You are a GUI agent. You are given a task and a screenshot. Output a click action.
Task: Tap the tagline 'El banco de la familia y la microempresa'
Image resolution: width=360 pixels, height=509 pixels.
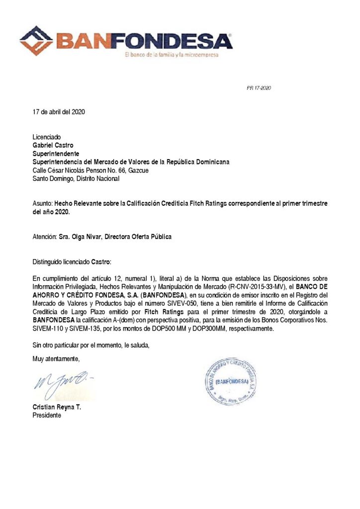pos(172,55)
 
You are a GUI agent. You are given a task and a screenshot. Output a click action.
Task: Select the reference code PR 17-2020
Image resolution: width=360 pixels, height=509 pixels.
pos(259,88)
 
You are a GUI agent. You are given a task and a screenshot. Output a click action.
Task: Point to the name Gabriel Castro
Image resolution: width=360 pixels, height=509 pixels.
pos(53,145)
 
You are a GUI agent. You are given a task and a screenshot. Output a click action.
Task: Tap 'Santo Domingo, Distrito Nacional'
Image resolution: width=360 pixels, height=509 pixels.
pos(76,179)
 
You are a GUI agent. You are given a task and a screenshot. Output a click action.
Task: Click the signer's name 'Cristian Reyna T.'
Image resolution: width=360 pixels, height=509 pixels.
pos(57,407)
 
